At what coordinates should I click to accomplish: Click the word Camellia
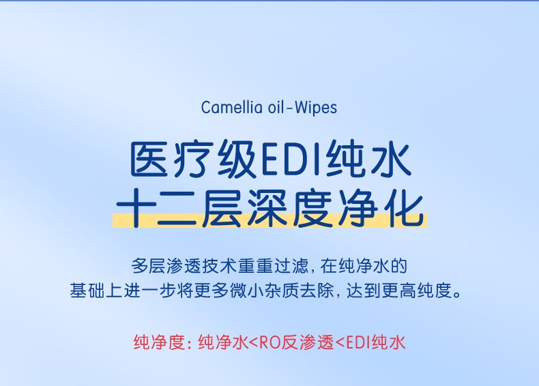click(x=232, y=107)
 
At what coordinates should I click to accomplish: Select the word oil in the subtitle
click(x=277, y=107)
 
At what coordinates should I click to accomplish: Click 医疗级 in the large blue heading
click(x=193, y=159)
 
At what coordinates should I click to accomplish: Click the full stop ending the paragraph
click(x=457, y=295)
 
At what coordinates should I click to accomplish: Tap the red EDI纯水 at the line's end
click(x=375, y=342)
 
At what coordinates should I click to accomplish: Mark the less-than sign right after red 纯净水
click(x=252, y=342)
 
